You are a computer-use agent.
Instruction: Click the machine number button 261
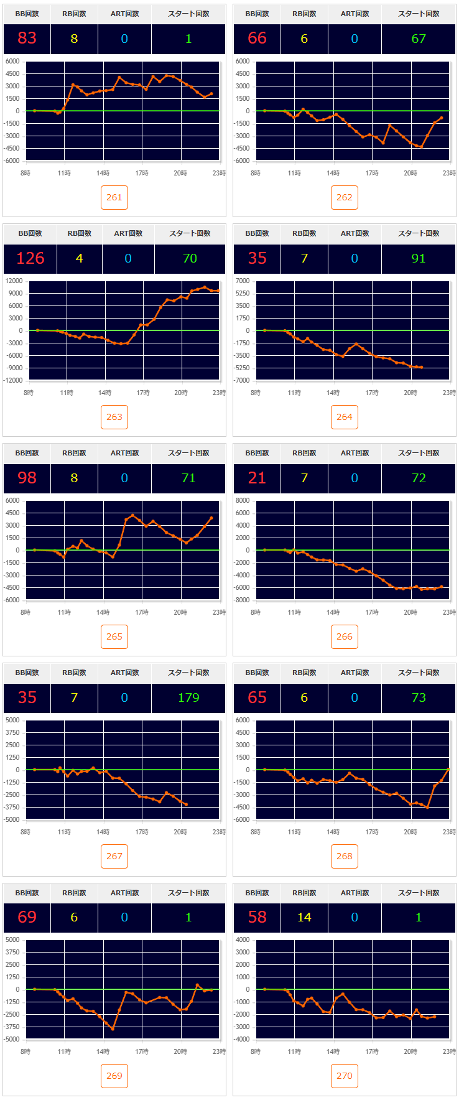click(114, 197)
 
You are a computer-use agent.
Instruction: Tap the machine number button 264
click(345, 417)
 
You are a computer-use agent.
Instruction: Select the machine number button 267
click(114, 856)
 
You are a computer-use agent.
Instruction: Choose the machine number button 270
click(345, 1076)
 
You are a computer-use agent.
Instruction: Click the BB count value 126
click(30, 258)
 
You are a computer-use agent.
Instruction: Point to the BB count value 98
click(27, 478)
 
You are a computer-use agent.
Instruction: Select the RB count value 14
click(304, 917)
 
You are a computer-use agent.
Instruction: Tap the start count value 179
click(188, 697)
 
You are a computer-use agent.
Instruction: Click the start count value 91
click(419, 258)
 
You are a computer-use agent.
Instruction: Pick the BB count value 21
click(257, 478)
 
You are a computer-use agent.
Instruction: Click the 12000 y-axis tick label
click(14, 281)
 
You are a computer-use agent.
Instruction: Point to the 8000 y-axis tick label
click(243, 500)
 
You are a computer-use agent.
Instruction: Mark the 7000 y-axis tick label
click(243, 281)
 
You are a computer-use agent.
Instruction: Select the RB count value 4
click(79, 258)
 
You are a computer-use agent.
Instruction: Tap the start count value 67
click(419, 39)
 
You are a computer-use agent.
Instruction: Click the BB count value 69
click(27, 917)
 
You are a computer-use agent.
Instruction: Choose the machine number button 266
click(345, 636)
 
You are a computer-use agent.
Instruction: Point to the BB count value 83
click(27, 39)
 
